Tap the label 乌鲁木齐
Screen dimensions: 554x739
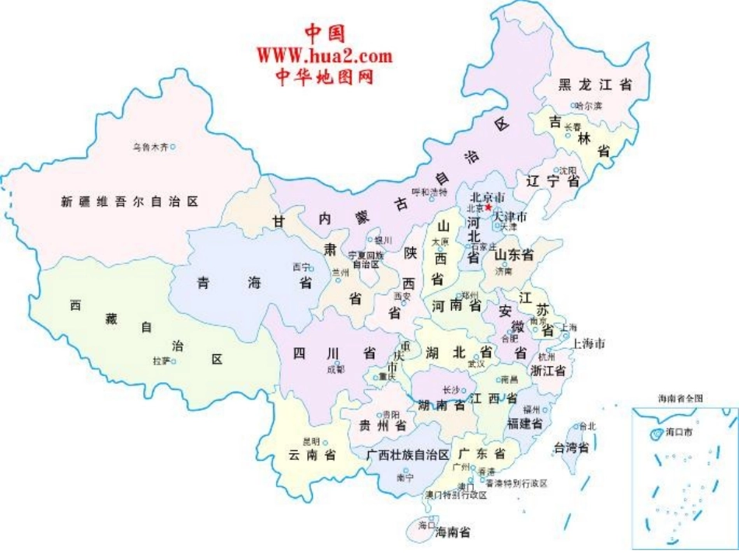pos(149,146)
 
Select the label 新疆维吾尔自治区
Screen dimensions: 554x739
pos(129,201)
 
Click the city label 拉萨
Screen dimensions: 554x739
pos(161,361)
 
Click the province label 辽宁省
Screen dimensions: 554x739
pos(553,181)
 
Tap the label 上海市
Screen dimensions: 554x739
pos(588,343)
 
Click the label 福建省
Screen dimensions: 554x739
pos(524,423)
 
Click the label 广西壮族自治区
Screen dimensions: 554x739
pos(408,454)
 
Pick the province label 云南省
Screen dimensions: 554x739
pos(311,455)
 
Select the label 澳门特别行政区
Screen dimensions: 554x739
pos(455,494)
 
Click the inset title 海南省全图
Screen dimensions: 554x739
pos(680,398)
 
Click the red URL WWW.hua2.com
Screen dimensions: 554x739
pos(324,55)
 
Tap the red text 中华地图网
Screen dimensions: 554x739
pos(324,76)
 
